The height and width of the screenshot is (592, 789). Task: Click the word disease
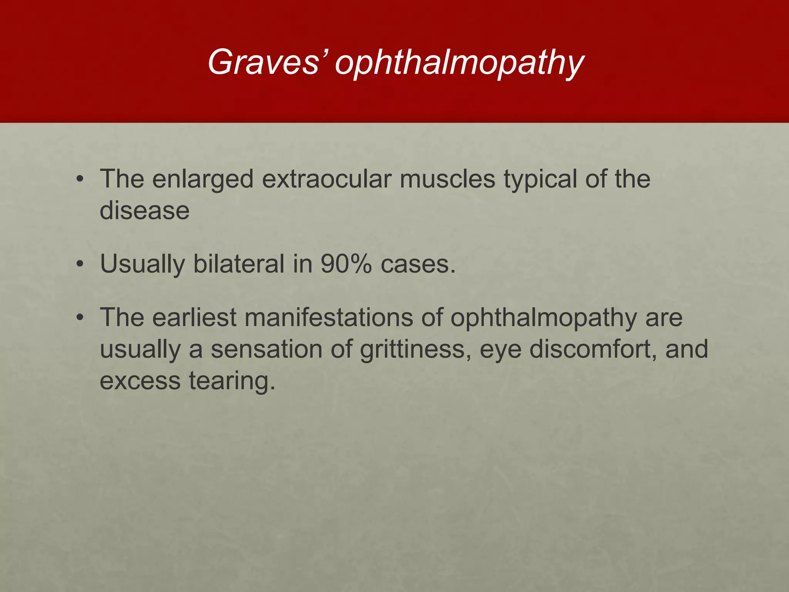coord(144,211)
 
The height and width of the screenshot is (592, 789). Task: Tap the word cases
coord(418,264)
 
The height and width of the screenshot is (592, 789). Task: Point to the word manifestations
coord(329,318)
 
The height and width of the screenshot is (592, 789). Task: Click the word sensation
coord(266,349)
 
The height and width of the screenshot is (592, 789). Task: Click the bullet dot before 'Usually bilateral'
coord(80,264)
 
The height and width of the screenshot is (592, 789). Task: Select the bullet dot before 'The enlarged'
coord(80,180)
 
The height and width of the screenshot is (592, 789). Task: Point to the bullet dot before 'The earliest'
coord(80,318)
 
